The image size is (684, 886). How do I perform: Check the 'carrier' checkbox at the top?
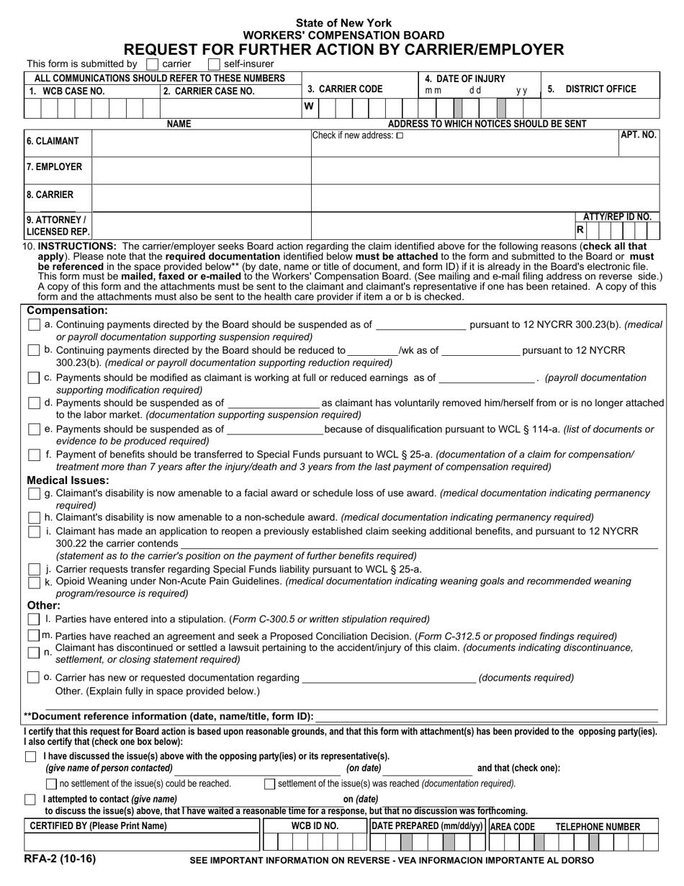tap(152, 63)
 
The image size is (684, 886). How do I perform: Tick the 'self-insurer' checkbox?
tap(214, 63)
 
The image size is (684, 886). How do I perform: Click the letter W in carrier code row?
tap(309, 107)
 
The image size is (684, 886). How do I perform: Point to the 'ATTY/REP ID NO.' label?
tap(617, 216)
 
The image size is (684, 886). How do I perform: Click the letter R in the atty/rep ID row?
tap(580, 230)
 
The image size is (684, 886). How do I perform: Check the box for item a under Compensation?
tap(34, 326)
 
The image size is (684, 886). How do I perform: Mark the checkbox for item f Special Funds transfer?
tap(34, 455)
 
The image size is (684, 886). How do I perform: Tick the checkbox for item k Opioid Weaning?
tap(34, 582)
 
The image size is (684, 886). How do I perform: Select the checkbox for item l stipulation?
tap(34, 619)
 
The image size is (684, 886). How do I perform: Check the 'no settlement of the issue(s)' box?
tap(51, 784)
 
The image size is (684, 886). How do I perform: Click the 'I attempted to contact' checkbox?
tap(30, 800)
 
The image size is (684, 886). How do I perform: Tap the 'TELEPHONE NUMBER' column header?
tap(598, 827)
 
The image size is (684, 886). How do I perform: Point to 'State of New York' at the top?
tap(343, 23)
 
